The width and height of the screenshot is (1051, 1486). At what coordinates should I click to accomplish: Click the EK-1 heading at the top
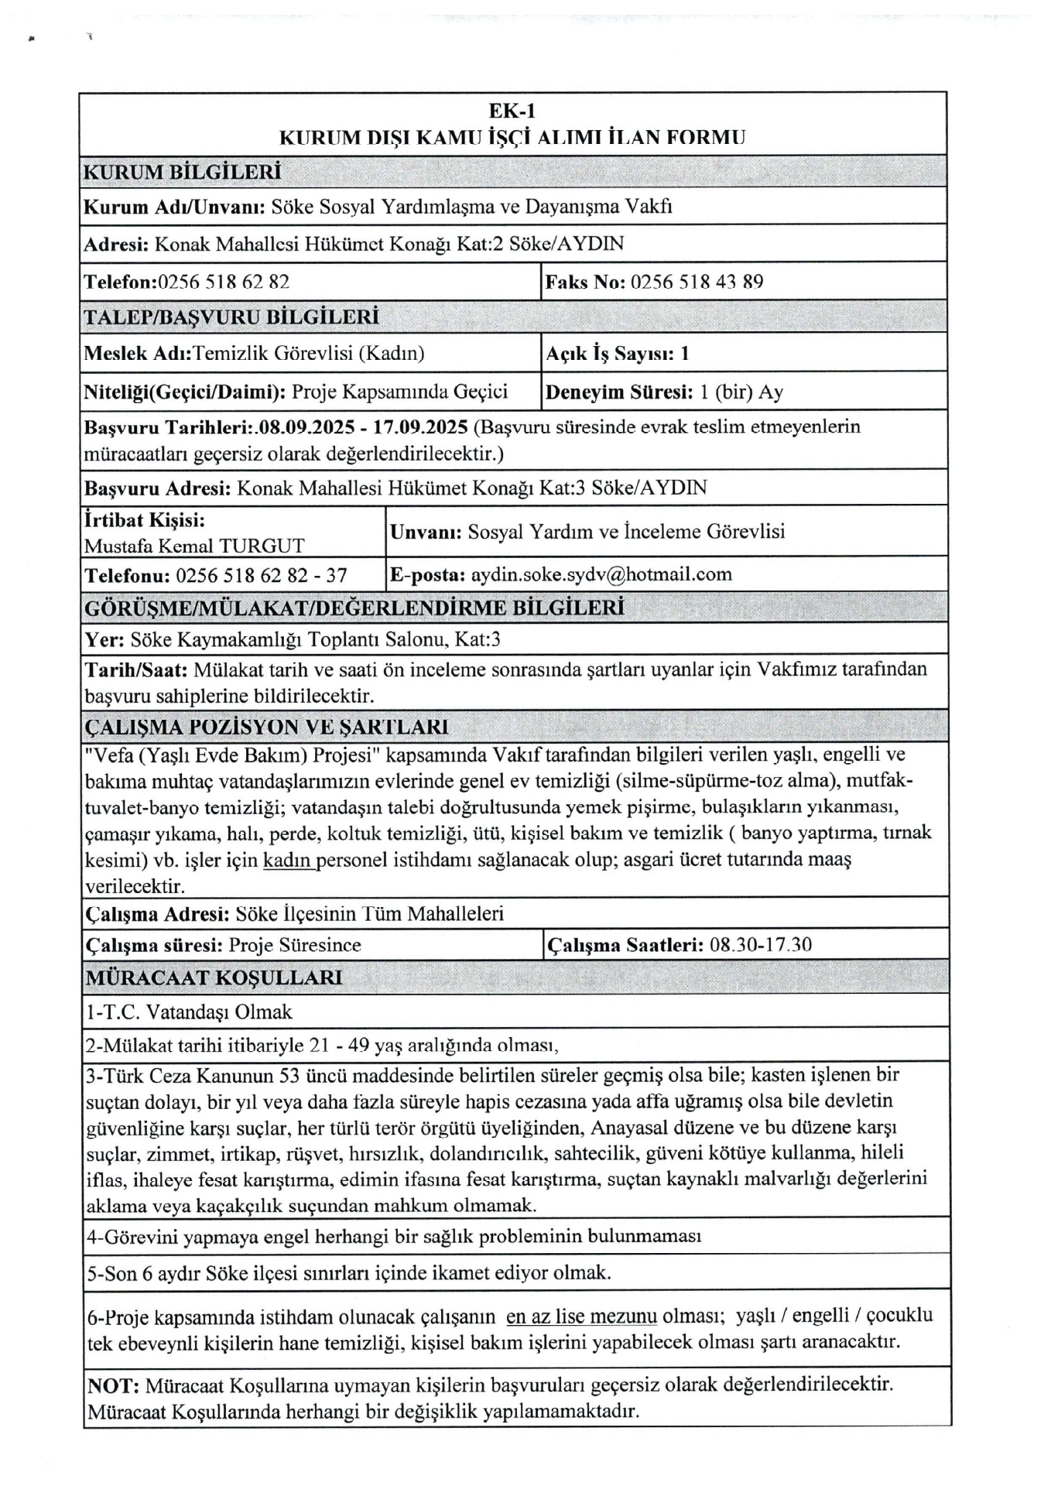pos(512,111)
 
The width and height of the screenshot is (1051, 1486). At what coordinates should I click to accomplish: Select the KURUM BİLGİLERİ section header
pos(182,172)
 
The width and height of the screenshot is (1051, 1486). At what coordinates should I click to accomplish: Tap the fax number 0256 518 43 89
pos(697,282)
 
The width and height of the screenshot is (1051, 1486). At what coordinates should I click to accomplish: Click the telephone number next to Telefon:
pos(224,282)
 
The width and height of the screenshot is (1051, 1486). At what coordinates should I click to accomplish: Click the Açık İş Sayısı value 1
pos(684,354)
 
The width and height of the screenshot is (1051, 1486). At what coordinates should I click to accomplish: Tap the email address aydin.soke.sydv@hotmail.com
pos(601,574)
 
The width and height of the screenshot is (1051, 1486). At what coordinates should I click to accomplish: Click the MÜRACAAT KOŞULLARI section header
pos(214,978)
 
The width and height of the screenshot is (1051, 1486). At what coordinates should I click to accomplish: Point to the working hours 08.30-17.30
pos(760,945)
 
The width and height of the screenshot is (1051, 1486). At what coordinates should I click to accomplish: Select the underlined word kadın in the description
pos(288,860)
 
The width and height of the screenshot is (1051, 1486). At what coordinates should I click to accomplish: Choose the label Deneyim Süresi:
pos(619,392)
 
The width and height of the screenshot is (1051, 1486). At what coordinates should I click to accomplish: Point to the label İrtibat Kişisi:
pos(145,520)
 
